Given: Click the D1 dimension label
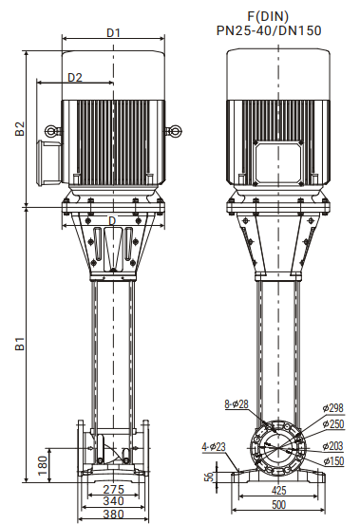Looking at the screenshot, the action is coord(113,32).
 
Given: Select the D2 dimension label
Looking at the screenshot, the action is coord(75,77).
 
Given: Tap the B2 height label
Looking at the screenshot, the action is coord(20,129).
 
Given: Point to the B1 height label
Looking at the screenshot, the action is coord(20,344).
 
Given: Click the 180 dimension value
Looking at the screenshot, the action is coord(43,465).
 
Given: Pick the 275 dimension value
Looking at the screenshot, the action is coord(113,490).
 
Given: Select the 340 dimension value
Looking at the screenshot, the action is coord(113,501).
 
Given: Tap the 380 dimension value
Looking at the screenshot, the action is coord(113,514).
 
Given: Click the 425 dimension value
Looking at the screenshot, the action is coord(278,490).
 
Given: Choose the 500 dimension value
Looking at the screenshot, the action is coord(278,504).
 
